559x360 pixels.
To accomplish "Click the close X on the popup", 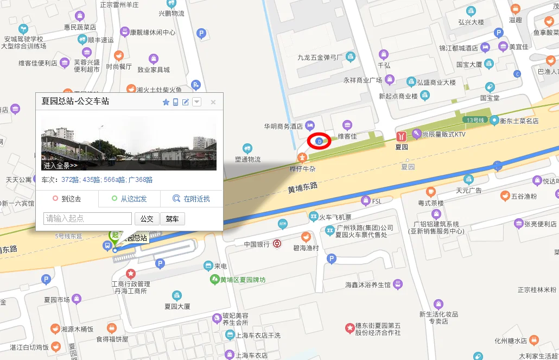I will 213,102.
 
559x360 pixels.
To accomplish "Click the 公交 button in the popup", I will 147,219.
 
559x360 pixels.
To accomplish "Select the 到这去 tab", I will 67,199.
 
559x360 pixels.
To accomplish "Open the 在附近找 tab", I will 191,199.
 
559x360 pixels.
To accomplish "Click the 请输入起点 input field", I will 88,219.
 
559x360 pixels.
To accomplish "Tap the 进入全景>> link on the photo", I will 61,166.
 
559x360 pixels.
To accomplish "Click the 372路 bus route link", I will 70,180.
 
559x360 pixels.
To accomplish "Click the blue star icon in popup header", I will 166,102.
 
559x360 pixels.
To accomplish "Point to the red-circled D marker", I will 319,141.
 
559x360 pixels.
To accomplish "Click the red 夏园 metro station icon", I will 401,136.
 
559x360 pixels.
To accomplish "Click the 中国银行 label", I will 257,244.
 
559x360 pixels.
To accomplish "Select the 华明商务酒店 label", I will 283,126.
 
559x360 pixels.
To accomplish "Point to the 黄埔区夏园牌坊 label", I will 243,280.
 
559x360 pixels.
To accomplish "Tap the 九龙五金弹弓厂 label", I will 320,57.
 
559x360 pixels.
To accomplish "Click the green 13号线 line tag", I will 473,119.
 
